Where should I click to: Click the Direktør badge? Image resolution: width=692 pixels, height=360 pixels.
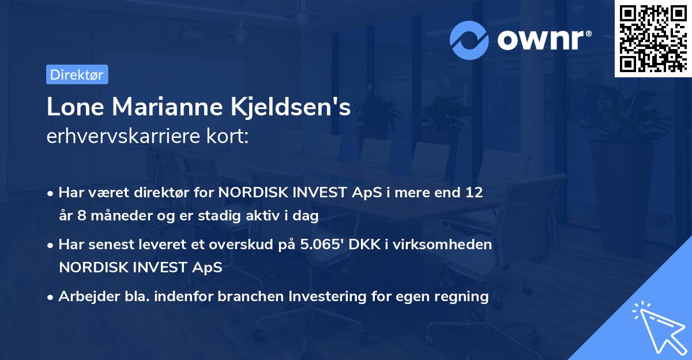pyautogui.click(x=77, y=74)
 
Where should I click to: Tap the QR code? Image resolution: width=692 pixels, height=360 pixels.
pyautogui.click(x=652, y=38)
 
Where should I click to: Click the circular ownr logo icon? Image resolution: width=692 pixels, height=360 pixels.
pyautogui.click(x=469, y=40)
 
